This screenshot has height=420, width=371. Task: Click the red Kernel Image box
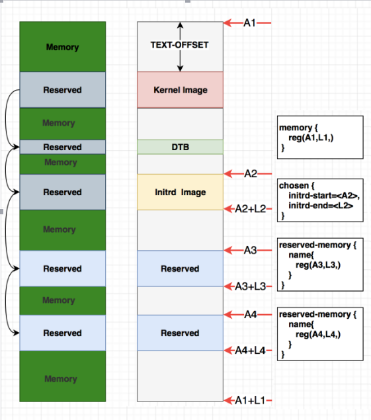(180, 89)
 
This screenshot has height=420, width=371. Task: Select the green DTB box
(180, 147)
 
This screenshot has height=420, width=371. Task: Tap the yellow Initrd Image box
(180, 192)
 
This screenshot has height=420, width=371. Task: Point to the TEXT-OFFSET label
(180, 46)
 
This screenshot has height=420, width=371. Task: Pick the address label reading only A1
(249, 23)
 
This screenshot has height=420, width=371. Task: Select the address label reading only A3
(249, 250)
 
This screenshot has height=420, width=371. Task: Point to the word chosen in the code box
(294, 187)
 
